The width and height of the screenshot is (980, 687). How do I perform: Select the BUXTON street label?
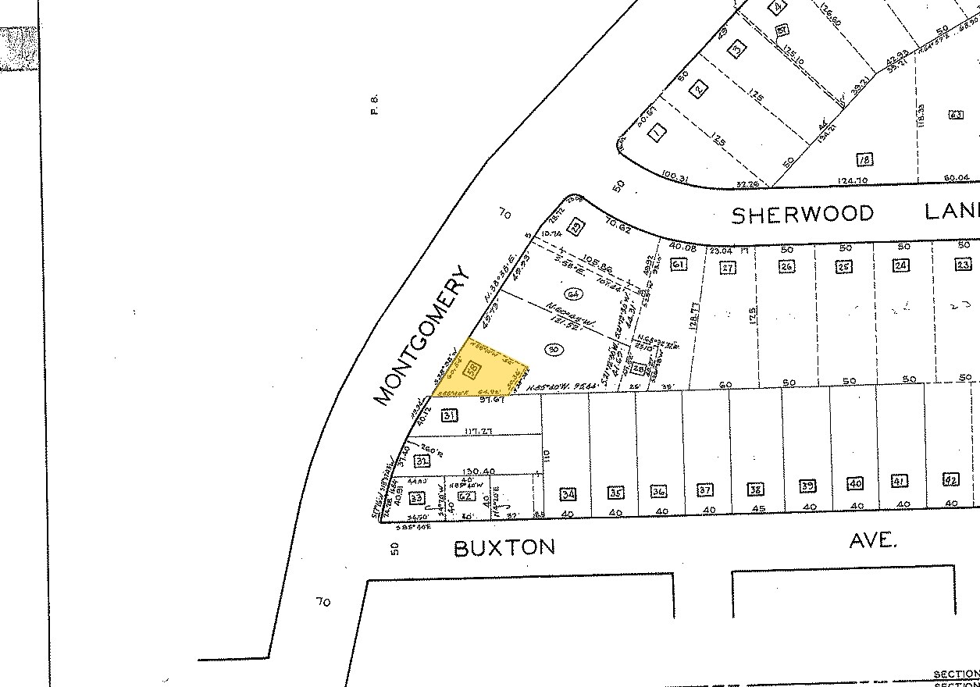(504, 547)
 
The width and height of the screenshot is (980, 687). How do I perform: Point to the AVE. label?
(872, 539)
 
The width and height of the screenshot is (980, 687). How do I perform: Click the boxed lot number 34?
(568, 493)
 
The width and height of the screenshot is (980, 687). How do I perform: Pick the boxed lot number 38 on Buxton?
(755, 489)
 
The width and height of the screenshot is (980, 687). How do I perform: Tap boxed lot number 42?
(950, 480)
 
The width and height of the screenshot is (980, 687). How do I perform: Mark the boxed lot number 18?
(864, 159)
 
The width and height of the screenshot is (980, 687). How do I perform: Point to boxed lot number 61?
(679, 265)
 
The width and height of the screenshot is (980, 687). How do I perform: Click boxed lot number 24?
(902, 265)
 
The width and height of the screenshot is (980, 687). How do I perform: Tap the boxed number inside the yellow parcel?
(472, 368)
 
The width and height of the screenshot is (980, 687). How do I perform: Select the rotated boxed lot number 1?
(657, 133)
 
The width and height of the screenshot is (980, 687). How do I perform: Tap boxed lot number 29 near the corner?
(577, 227)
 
